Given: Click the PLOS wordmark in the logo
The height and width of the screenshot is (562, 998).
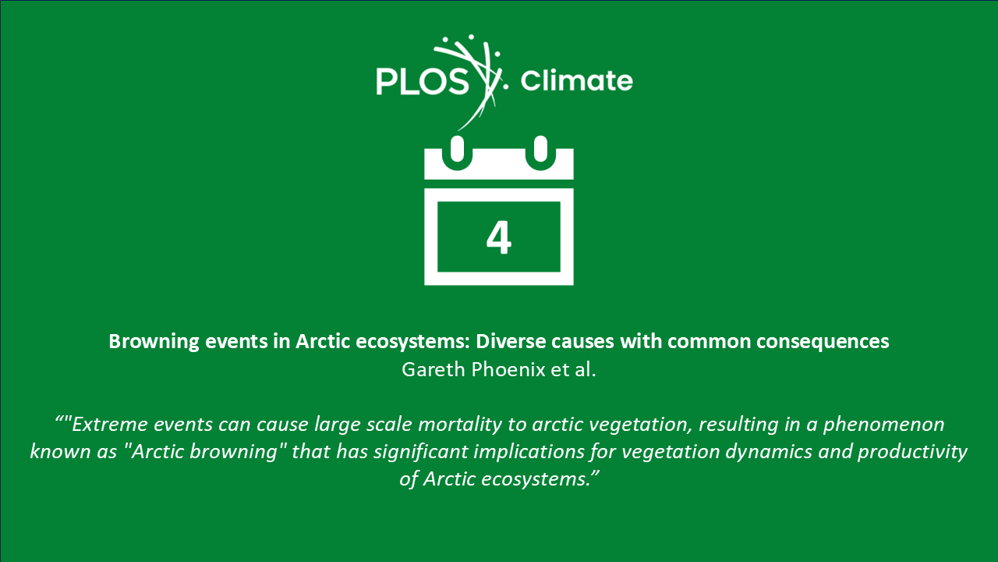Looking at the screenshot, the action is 423,82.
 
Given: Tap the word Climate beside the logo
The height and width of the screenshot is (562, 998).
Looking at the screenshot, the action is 576,80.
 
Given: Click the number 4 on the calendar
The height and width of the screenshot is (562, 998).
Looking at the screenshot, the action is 498,238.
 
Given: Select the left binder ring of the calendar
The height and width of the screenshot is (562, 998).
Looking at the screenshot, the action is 457,153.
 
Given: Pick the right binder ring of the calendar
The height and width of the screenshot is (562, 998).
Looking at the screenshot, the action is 540,153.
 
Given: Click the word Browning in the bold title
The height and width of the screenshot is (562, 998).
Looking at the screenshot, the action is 154,342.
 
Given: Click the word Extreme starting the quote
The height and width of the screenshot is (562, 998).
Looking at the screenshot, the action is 110,424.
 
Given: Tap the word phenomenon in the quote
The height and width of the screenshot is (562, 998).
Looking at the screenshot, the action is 883,425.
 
